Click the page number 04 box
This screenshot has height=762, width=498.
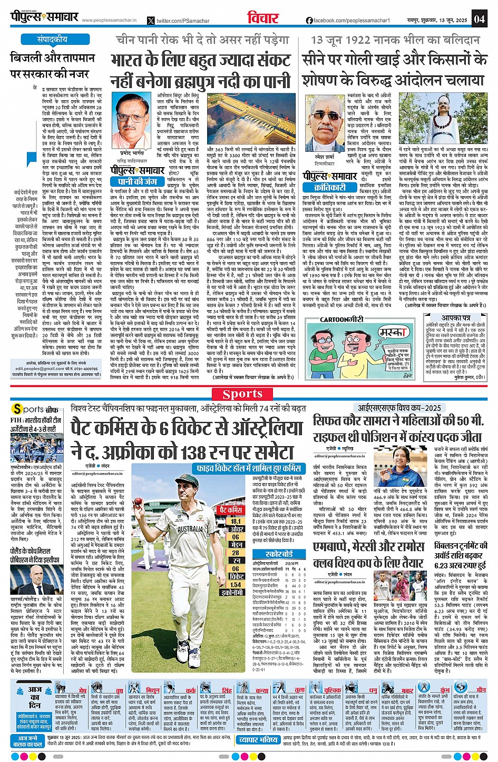pyautogui.click(x=479, y=19)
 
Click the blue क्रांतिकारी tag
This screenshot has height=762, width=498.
pyautogui.click(x=330, y=187)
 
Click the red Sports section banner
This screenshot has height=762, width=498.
pyautogui.click(x=242, y=394)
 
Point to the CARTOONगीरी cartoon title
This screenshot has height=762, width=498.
pyautogui.click(x=342, y=319)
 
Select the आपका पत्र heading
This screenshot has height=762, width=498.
pyautogui.click(x=456, y=318)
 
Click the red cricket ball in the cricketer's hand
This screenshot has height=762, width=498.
pyautogui.click(x=138, y=501)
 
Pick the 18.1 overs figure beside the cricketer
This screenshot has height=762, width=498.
pyautogui.click(x=235, y=521)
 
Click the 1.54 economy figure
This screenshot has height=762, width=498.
pyautogui.click(x=235, y=584)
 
